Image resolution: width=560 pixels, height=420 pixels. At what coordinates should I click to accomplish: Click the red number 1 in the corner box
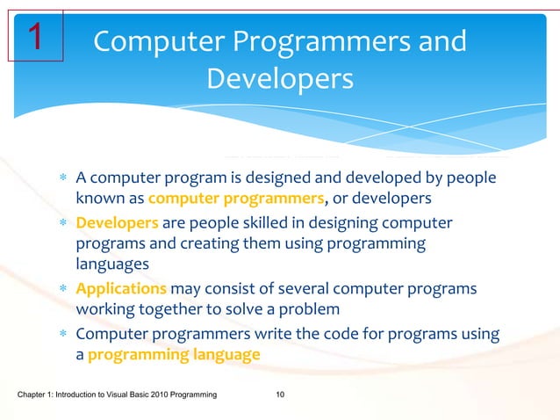click(x=35, y=36)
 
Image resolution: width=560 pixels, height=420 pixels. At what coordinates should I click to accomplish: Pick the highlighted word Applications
click(x=121, y=288)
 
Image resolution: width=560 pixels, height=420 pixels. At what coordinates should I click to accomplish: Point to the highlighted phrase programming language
click(x=174, y=355)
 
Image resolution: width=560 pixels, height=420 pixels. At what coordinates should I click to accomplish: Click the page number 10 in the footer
click(x=280, y=397)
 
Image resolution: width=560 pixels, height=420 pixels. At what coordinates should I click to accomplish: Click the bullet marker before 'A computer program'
click(x=62, y=179)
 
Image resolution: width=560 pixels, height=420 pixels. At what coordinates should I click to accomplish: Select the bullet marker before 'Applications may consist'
click(x=62, y=289)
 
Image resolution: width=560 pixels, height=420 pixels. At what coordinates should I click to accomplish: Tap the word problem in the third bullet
click(x=311, y=309)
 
